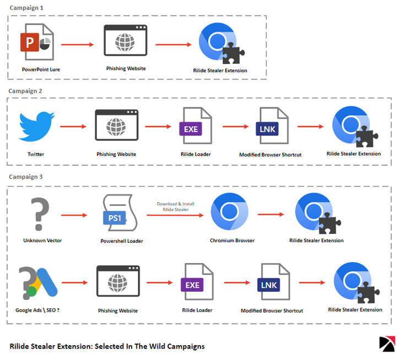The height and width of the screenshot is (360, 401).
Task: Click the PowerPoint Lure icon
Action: (38, 42)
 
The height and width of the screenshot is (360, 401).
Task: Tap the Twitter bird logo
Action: (37, 127)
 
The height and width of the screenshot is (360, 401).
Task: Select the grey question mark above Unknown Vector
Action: (38, 214)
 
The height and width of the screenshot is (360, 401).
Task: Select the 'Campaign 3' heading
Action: (25, 177)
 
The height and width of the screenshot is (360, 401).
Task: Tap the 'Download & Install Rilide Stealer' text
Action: (176, 206)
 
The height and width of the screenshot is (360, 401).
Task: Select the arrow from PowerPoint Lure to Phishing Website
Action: (77, 43)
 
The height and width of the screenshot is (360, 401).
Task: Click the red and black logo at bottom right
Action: (388, 343)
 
